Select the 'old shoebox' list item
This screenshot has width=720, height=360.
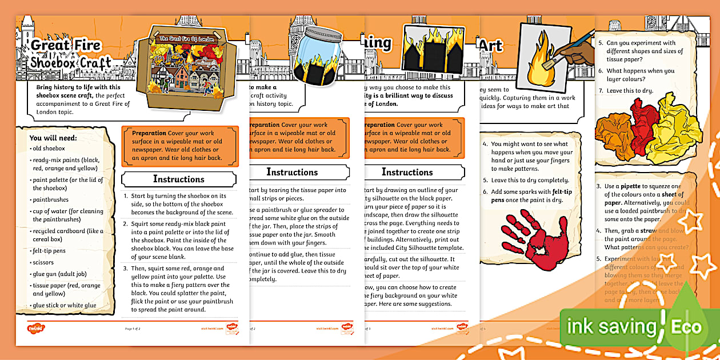coord(50,149)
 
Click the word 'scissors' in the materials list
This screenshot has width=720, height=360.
coord(44,262)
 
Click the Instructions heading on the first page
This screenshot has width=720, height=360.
coord(178,179)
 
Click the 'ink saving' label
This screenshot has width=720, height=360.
coord(611,327)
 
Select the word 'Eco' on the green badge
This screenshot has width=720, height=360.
coord(686,327)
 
